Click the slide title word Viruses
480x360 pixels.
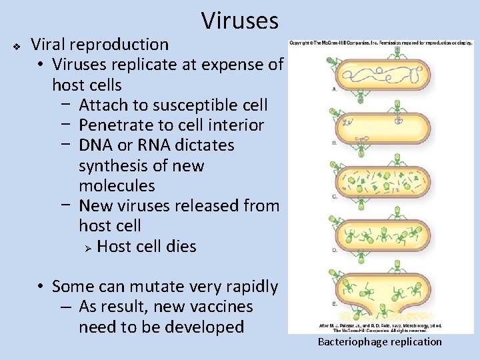click(x=239, y=21)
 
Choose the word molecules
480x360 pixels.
click(x=117, y=185)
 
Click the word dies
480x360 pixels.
click(x=182, y=246)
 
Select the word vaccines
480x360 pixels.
click(x=219, y=307)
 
